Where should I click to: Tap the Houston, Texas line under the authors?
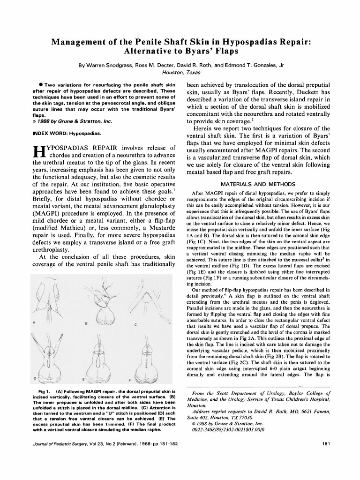tap(180, 73)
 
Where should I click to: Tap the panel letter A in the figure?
tap(34, 322)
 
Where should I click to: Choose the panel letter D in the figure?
tap(34, 377)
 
